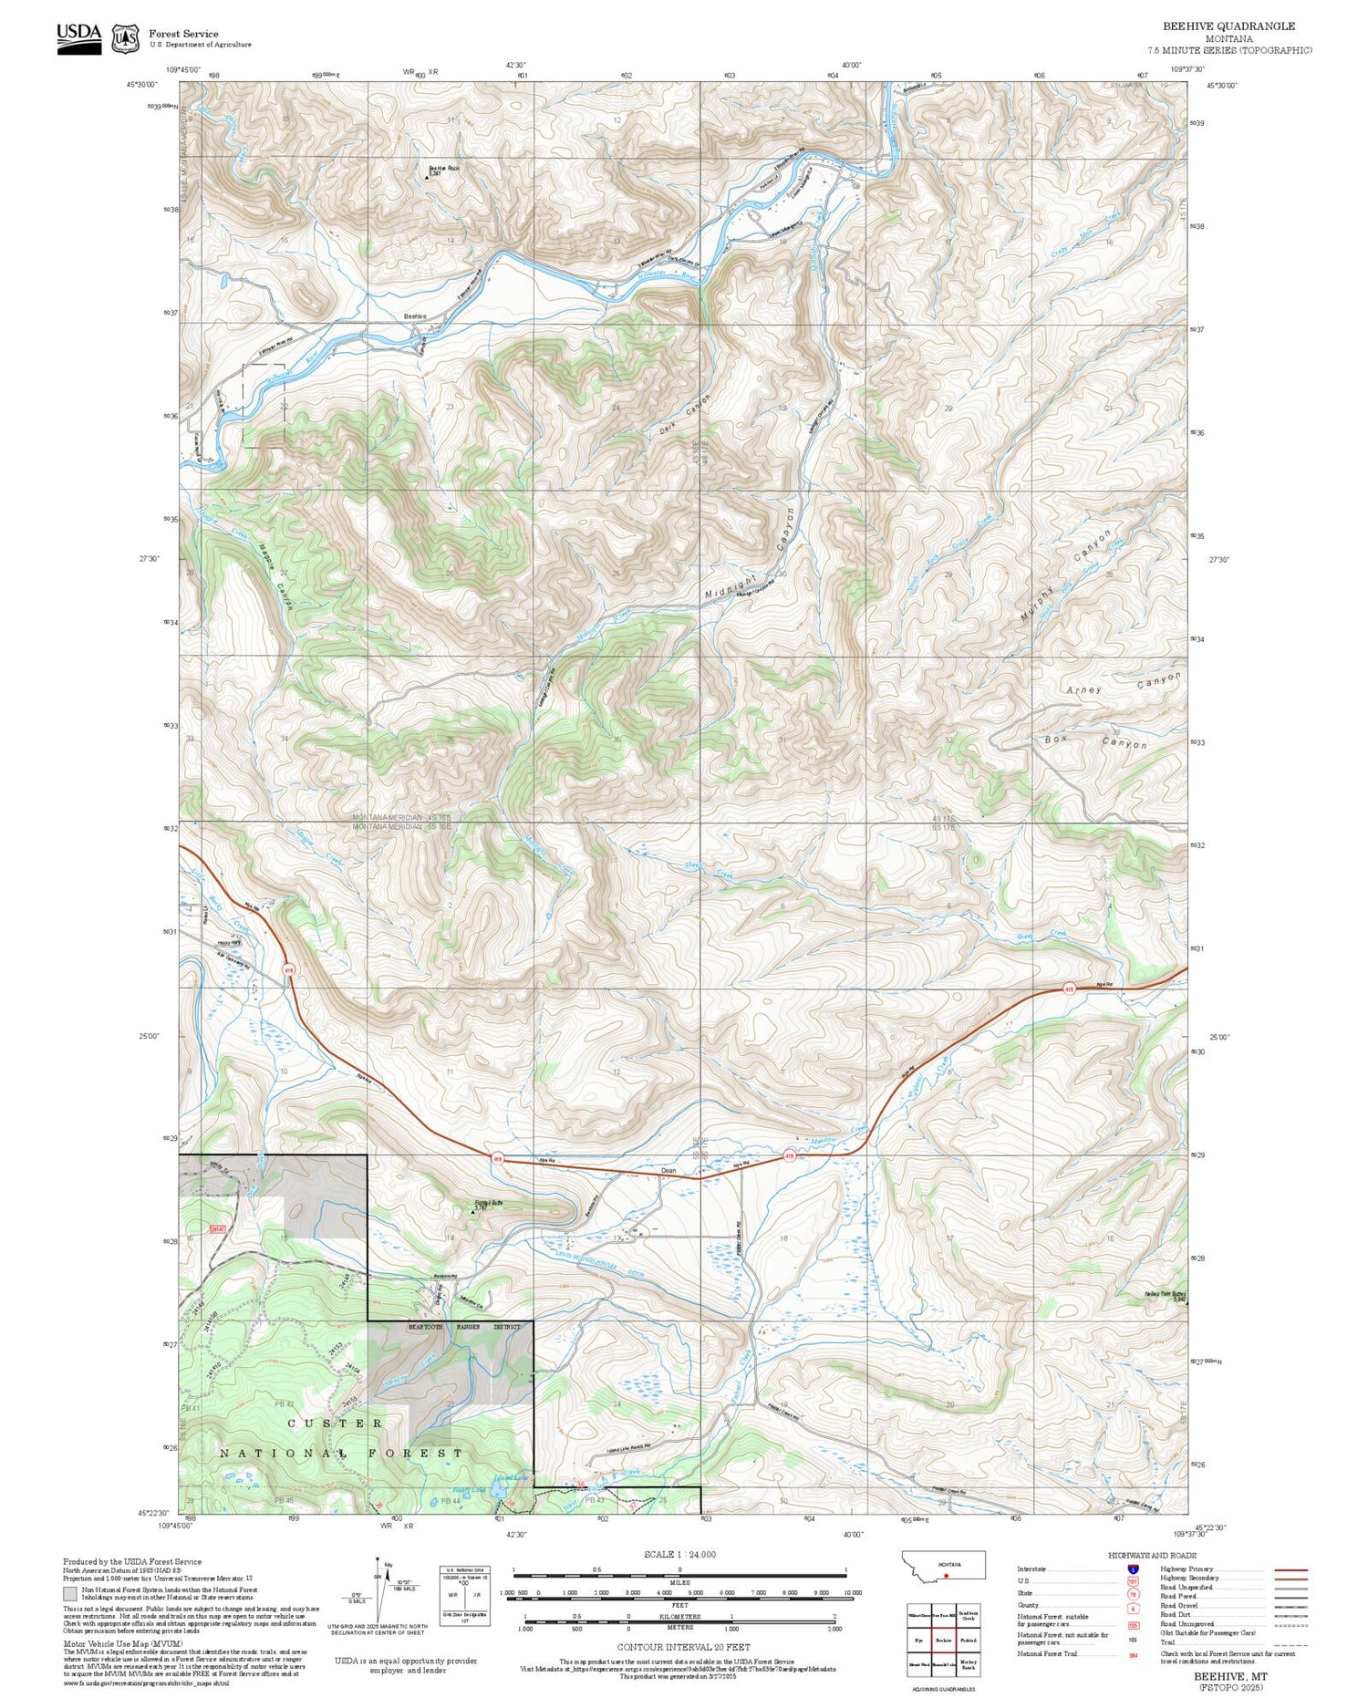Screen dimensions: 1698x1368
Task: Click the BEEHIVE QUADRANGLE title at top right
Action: [x=1228, y=26]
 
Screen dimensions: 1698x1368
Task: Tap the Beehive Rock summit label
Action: [x=444, y=169]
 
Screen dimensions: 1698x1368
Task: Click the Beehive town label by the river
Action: [x=415, y=316]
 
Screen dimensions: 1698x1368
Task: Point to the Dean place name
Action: [x=668, y=1171]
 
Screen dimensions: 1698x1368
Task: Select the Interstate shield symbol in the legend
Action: [x=1132, y=1569]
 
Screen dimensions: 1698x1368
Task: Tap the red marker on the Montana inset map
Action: [x=947, y=1575]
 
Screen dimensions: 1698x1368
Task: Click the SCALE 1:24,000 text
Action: [x=679, y=1554]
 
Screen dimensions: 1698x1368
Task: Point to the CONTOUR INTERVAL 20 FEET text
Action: [x=683, y=1647]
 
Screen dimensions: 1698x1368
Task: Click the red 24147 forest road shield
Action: [x=217, y=1229]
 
